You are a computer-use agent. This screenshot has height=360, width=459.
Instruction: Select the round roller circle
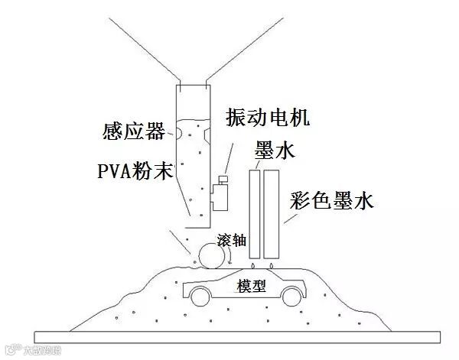tap(210, 254)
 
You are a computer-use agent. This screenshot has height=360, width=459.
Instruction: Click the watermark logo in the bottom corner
tap(11, 352)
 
